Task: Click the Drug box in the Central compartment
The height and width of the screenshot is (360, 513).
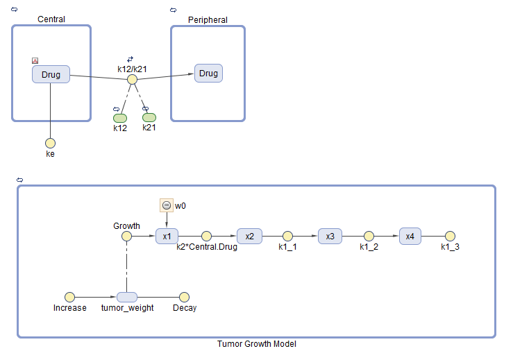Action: point(51,75)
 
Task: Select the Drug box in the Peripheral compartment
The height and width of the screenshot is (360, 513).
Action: point(208,74)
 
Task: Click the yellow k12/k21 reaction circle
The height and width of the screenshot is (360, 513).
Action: point(132,80)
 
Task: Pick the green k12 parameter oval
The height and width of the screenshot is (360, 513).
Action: point(120,118)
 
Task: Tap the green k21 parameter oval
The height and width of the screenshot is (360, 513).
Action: point(149,117)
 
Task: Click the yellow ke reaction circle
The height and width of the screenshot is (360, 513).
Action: point(50,143)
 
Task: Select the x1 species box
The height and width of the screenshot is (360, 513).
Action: point(167,237)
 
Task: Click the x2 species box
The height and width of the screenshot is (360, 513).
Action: point(249,237)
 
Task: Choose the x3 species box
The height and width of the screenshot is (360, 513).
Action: point(330,237)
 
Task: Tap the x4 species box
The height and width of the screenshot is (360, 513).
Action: point(410,237)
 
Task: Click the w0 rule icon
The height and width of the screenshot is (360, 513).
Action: point(166,205)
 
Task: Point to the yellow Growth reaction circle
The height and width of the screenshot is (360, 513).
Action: point(126,237)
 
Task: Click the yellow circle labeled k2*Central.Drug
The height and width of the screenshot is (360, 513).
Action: point(206,237)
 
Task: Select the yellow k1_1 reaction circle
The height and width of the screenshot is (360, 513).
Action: point(287,237)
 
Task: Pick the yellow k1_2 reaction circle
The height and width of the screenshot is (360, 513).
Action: point(369,237)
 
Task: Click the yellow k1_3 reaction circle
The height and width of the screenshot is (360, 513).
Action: point(450,237)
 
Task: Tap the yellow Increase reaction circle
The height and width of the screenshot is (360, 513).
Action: point(69,296)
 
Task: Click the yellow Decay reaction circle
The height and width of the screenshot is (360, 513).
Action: point(184,296)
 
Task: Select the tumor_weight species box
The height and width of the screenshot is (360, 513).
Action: point(127,297)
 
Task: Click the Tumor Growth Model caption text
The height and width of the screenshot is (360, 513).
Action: point(256,344)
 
